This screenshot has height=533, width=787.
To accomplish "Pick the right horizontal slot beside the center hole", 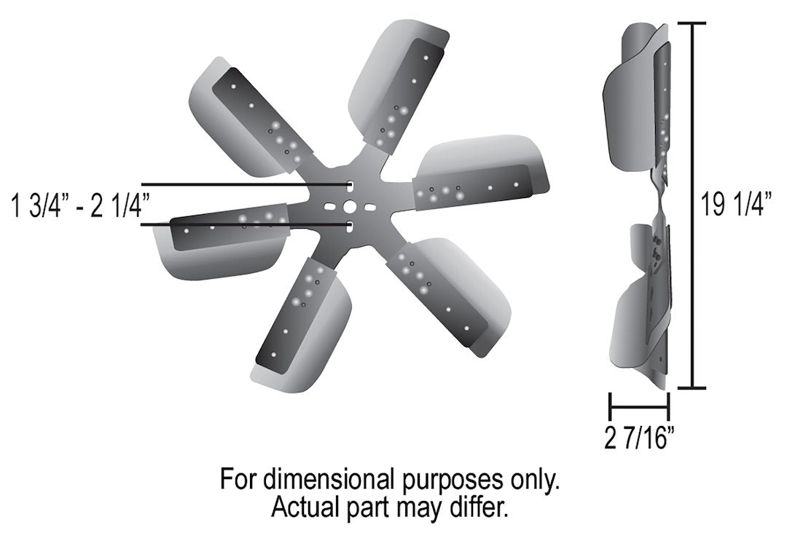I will point(369,208).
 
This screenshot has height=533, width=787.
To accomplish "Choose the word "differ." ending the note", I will point(477,508).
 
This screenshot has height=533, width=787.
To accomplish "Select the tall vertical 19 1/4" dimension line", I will point(696,206).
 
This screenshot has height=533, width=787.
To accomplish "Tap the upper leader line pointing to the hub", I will point(244,184).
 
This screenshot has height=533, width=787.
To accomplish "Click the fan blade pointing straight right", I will point(481,175).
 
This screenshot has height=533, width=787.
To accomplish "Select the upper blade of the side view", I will point(638,102).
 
